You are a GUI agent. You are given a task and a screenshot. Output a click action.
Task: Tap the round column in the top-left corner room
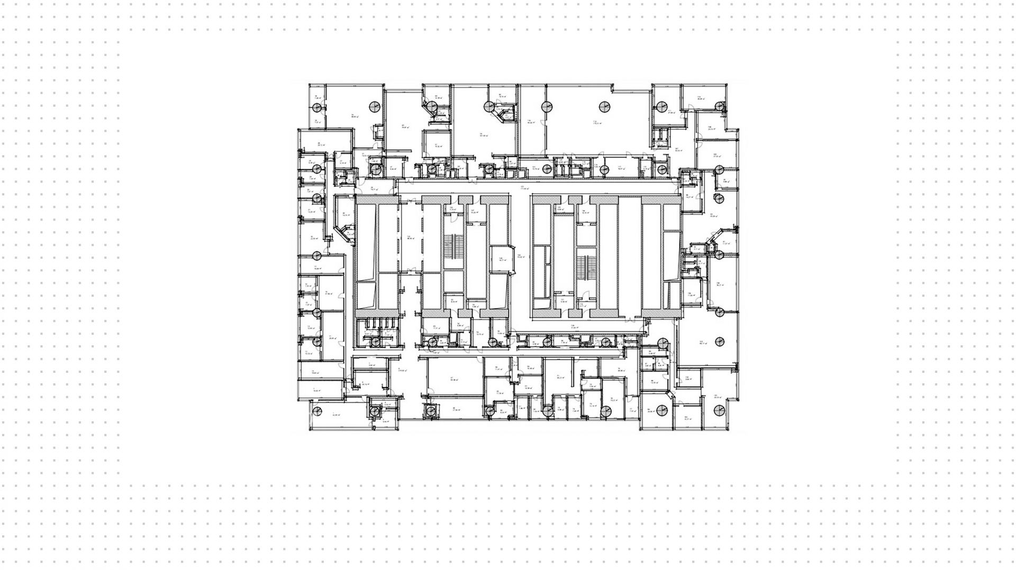coord(317,108)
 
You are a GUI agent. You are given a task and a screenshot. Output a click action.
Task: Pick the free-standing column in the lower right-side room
coord(719,342)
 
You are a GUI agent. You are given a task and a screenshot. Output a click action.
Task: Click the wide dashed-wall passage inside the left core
coord(411,238)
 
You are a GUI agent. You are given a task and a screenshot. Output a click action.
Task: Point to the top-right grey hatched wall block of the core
coord(661,200)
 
